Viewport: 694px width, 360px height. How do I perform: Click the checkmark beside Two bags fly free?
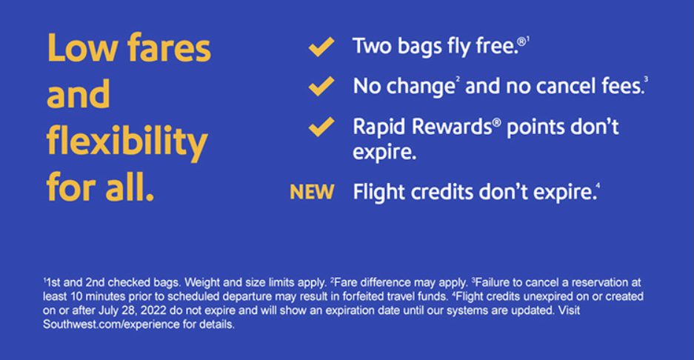point(321,49)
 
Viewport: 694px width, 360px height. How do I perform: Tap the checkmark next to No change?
point(321,87)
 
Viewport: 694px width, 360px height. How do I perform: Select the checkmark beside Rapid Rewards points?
point(321,127)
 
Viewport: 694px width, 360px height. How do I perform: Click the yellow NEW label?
point(311,193)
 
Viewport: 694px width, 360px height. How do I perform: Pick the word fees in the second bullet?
point(619,87)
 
